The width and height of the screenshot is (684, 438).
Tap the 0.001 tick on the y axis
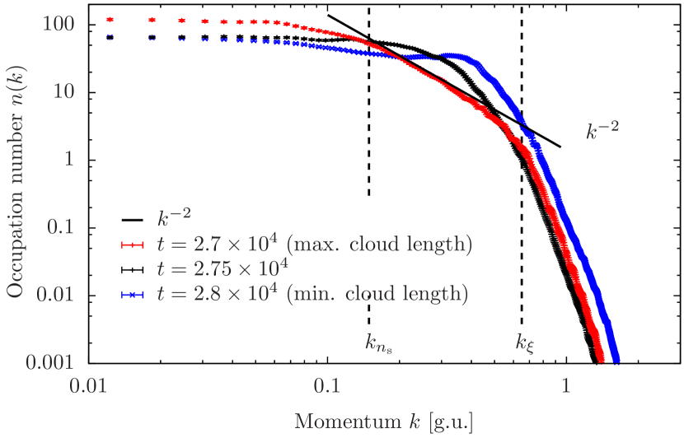(x=50, y=361)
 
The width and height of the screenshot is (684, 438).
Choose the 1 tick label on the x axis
(x=565, y=384)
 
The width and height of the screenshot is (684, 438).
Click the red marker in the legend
(x=134, y=245)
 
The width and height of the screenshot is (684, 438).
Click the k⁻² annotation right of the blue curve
(x=602, y=131)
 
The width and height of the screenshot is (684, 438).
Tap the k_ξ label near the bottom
(x=526, y=341)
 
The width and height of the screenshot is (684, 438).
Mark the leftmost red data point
(x=110, y=20)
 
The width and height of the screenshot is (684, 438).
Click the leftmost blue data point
(x=110, y=37)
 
